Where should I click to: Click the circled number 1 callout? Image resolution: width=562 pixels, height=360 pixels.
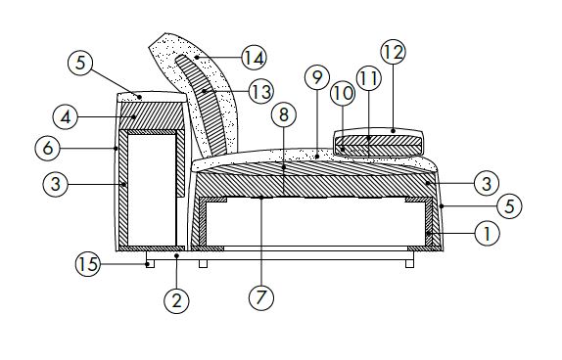click(x=486, y=233)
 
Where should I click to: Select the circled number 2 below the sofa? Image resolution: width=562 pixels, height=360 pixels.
click(x=177, y=299)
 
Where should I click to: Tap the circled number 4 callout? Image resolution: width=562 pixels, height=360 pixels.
click(x=66, y=117)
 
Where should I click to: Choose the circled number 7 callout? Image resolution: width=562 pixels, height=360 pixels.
click(x=261, y=297)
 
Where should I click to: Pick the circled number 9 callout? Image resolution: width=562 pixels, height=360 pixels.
click(x=315, y=75)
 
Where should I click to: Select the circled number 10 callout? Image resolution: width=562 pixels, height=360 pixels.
click(x=343, y=92)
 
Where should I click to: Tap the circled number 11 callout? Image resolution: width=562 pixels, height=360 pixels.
click(x=368, y=77)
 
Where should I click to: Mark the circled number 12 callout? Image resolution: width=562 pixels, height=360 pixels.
click(x=393, y=52)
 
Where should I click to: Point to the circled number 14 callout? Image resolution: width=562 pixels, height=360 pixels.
click(x=254, y=59)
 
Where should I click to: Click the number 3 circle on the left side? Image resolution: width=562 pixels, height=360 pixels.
click(x=57, y=183)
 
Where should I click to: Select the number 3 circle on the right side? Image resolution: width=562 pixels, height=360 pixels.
click(x=486, y=182)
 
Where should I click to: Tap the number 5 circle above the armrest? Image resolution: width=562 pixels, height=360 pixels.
click(x=82, y=64)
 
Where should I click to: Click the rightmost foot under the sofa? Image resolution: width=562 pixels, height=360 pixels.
click(x=409, y=262)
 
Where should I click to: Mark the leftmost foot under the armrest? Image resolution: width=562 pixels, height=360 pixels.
click(x=148, y=262)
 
